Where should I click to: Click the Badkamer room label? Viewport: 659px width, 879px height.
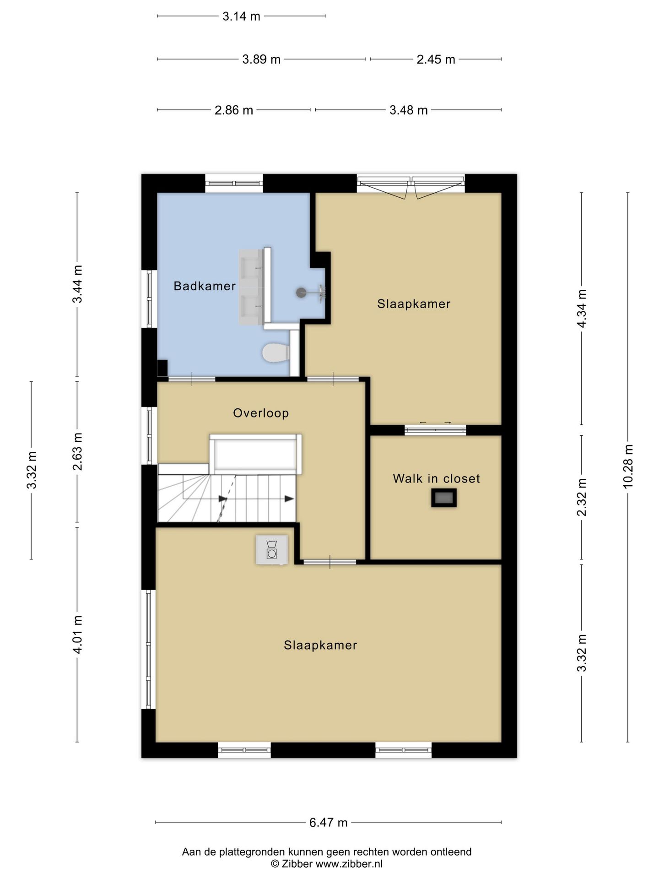click(205, 286)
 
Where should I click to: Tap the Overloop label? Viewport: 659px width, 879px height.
click(261, 413)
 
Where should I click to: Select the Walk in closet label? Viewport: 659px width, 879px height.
click(436, 478)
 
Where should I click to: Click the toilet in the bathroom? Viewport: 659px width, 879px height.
click(276, 353)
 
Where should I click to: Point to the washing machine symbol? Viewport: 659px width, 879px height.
click(272, 549)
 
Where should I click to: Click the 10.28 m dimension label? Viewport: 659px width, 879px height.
click(628, 467)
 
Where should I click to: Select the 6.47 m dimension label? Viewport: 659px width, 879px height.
click(328, 823)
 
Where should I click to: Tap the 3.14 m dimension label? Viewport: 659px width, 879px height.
click(241, 16)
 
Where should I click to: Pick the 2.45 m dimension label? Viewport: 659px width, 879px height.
click(436, 60)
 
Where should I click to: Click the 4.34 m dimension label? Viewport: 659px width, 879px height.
click(582, 309)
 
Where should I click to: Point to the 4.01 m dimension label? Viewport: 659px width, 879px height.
click(77, 635)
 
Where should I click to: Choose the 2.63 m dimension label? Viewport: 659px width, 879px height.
click(77, 451)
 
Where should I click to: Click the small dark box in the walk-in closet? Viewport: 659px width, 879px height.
click(444, 498)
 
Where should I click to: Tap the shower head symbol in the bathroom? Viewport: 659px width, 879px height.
click(301, 293)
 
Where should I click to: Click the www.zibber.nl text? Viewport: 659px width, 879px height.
click(349, 864)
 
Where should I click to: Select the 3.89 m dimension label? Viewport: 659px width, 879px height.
click(261, 60)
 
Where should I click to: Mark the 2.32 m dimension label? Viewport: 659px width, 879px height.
click(582, 497)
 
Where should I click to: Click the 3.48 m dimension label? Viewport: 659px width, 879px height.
click(409, 110)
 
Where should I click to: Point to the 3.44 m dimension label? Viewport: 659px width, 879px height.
click(77, 284)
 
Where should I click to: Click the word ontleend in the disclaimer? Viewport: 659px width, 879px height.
click(451, 852)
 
